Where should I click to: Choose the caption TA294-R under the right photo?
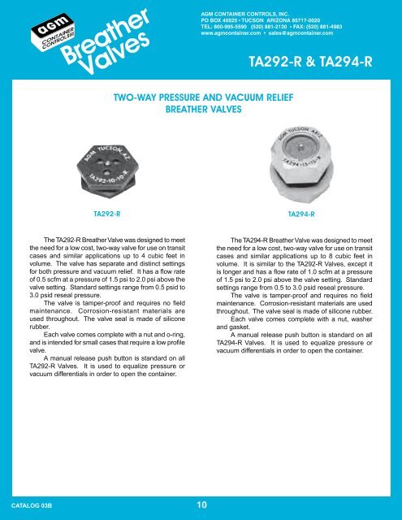[x=304, y=214]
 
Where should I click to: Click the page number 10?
[x=200, y=505]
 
